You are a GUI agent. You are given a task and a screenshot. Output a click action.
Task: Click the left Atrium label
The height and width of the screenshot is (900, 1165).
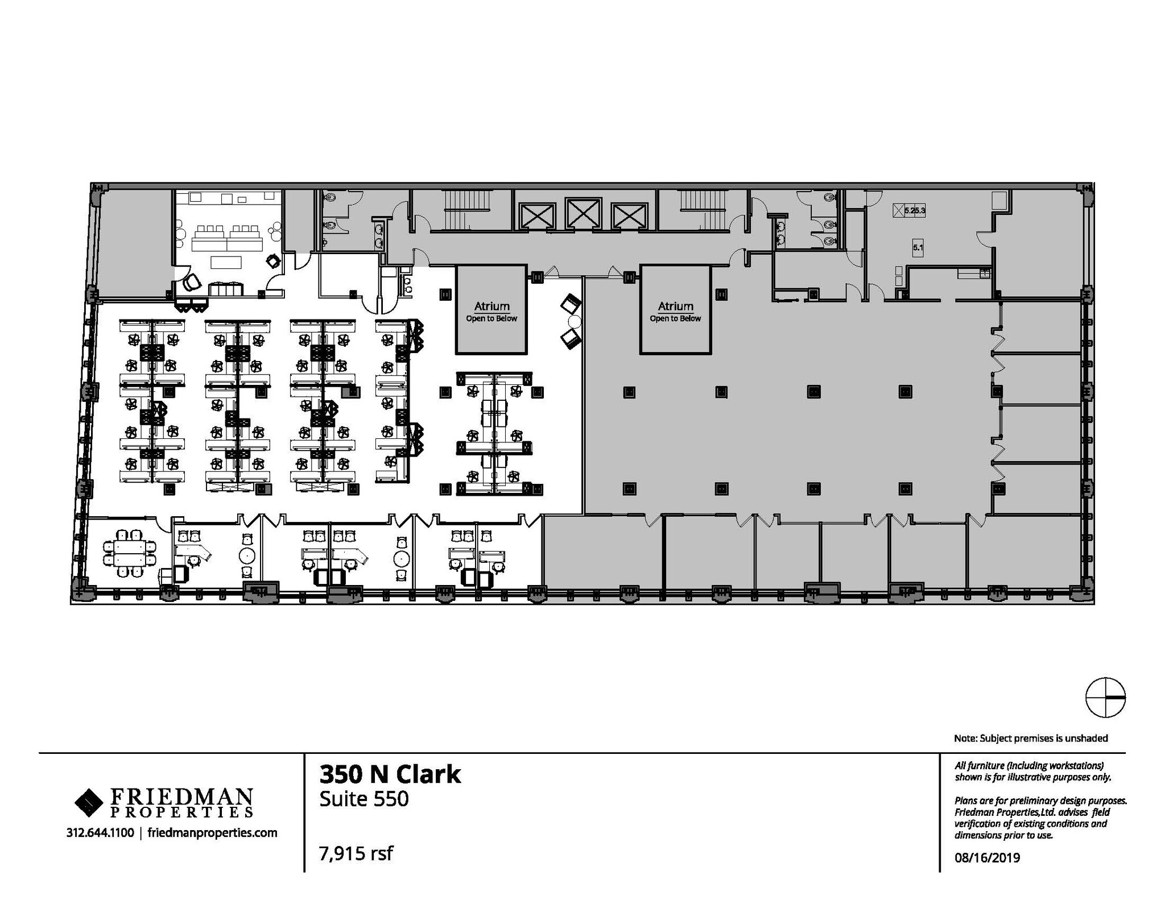click(491, 306)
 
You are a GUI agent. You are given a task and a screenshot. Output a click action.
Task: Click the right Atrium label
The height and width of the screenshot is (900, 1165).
click(675, 306)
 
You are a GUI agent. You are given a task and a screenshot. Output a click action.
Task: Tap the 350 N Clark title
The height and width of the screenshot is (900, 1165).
click(390, 774)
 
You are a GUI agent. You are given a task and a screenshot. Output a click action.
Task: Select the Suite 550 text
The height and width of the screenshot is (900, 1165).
click(364, 799)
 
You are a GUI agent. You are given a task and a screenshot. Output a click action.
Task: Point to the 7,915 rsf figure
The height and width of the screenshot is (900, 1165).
click(356, 853)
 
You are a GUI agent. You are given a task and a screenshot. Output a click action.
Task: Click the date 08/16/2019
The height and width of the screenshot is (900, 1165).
click(987, 858)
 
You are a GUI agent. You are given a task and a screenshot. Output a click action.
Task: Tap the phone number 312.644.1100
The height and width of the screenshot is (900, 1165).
click(100, 833)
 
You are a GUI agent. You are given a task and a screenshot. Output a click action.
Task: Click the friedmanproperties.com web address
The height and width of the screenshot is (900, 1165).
click(212, 833)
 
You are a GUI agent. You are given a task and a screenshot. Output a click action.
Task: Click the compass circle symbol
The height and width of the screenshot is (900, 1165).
click(1105, 698)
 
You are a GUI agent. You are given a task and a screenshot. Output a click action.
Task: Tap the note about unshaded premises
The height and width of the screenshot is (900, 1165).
click(1031, 738)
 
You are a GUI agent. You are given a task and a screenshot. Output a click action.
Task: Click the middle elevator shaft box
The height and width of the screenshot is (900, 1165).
click(584, 214)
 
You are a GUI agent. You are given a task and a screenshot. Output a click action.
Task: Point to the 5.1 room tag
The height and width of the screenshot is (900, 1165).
click(918, 247)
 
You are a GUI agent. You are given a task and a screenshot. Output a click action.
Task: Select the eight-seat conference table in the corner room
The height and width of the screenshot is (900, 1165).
click(129, 553)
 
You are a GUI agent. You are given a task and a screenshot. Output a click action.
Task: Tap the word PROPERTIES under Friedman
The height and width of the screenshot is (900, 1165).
click(181, 811)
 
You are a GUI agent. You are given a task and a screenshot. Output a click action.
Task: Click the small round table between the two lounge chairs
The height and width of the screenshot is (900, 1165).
click(573, 321)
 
